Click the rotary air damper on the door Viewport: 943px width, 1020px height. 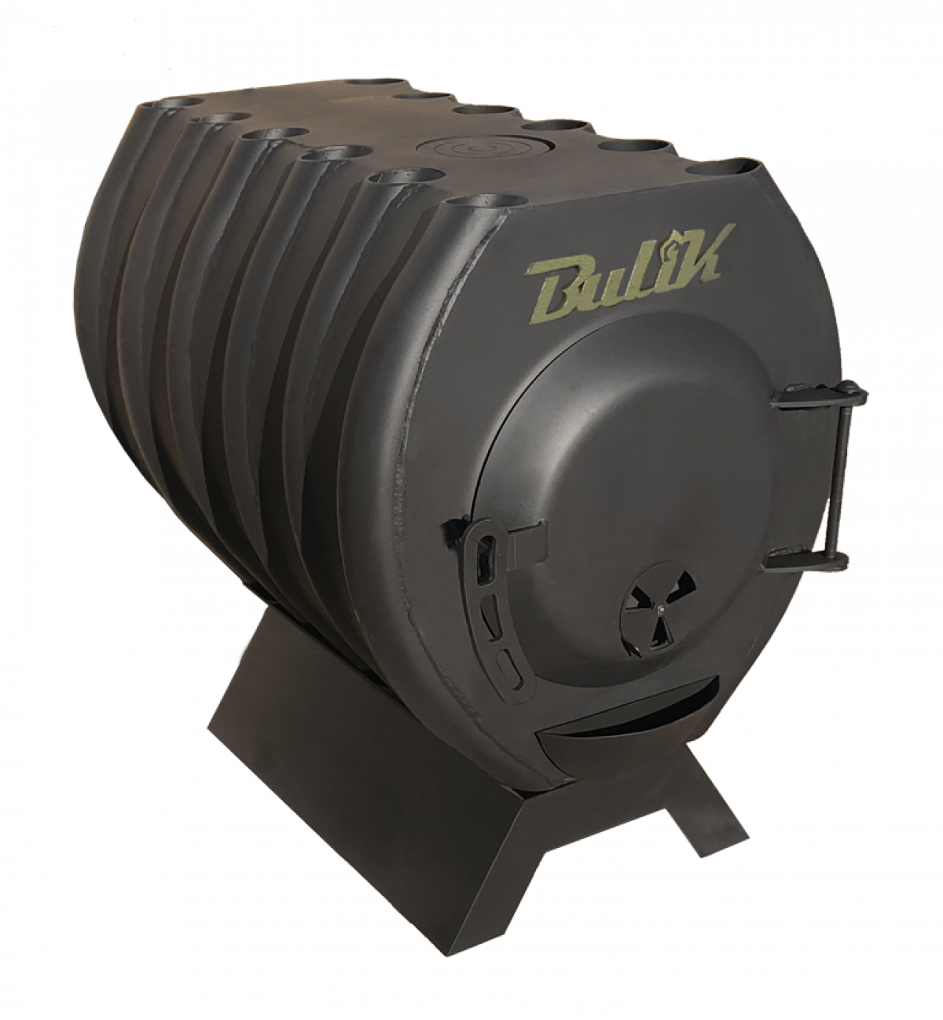coord(659,607)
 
